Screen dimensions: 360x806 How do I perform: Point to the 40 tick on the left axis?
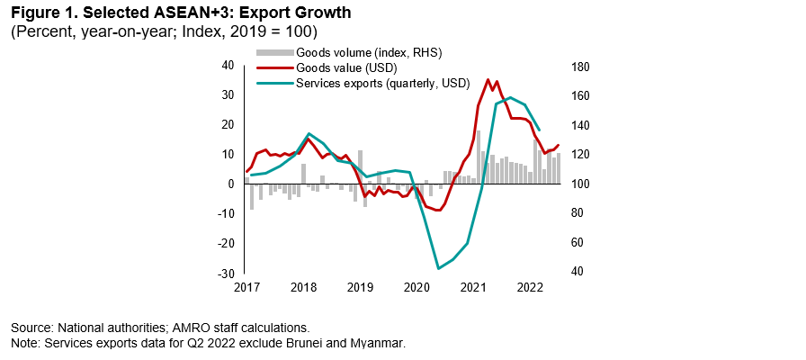[x=228, y=66]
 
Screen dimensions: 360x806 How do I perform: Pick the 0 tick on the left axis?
[x=231, y=184]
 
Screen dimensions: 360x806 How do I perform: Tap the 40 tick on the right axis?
[x=576, y=273]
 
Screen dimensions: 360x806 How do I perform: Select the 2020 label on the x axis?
[x=416, y=288]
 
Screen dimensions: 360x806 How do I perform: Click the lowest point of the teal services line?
[x=438, y=268]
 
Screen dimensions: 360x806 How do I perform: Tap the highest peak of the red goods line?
[x=488, y=79]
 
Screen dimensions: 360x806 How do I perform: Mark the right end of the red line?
[x=559, y=146]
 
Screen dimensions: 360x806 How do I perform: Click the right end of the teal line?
[x=538, y=130]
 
